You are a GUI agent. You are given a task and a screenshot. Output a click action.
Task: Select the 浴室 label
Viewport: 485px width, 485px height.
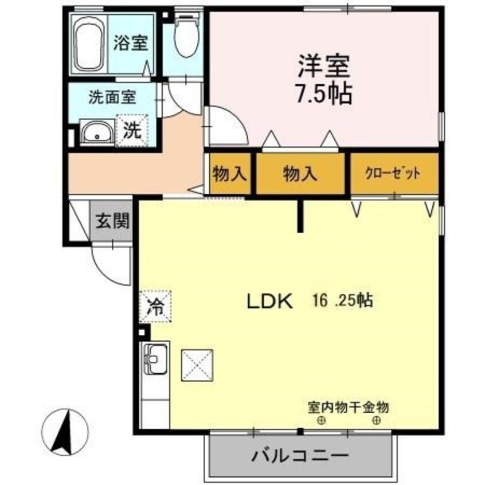[130, 44]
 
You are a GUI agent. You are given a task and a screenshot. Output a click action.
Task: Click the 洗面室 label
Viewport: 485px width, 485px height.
[112, 97]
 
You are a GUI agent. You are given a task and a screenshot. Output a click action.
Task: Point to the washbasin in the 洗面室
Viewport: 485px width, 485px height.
[96, 134]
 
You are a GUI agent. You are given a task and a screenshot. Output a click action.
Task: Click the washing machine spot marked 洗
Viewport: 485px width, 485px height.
[133, 130]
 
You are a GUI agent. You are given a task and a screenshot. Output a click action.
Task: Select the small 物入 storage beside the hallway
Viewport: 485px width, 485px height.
[229, 173]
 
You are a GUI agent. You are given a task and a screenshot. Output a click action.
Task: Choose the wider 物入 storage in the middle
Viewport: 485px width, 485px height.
[300, 173]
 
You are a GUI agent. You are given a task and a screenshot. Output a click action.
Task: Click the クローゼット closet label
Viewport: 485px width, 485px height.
[394, 173]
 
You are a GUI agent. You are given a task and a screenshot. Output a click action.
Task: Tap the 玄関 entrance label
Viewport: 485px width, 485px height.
[112, 221]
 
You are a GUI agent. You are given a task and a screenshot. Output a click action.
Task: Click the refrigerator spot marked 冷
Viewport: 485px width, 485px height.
[155, 306]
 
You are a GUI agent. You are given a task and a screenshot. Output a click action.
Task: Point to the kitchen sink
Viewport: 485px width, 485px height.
[154, 359]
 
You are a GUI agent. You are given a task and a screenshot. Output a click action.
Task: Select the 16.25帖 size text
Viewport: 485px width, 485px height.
[343, 300]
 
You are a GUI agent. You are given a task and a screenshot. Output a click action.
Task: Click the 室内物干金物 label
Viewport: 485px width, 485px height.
[348, 408]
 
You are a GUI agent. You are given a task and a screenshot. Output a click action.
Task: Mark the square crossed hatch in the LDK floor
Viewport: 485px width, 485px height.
[197, 365]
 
